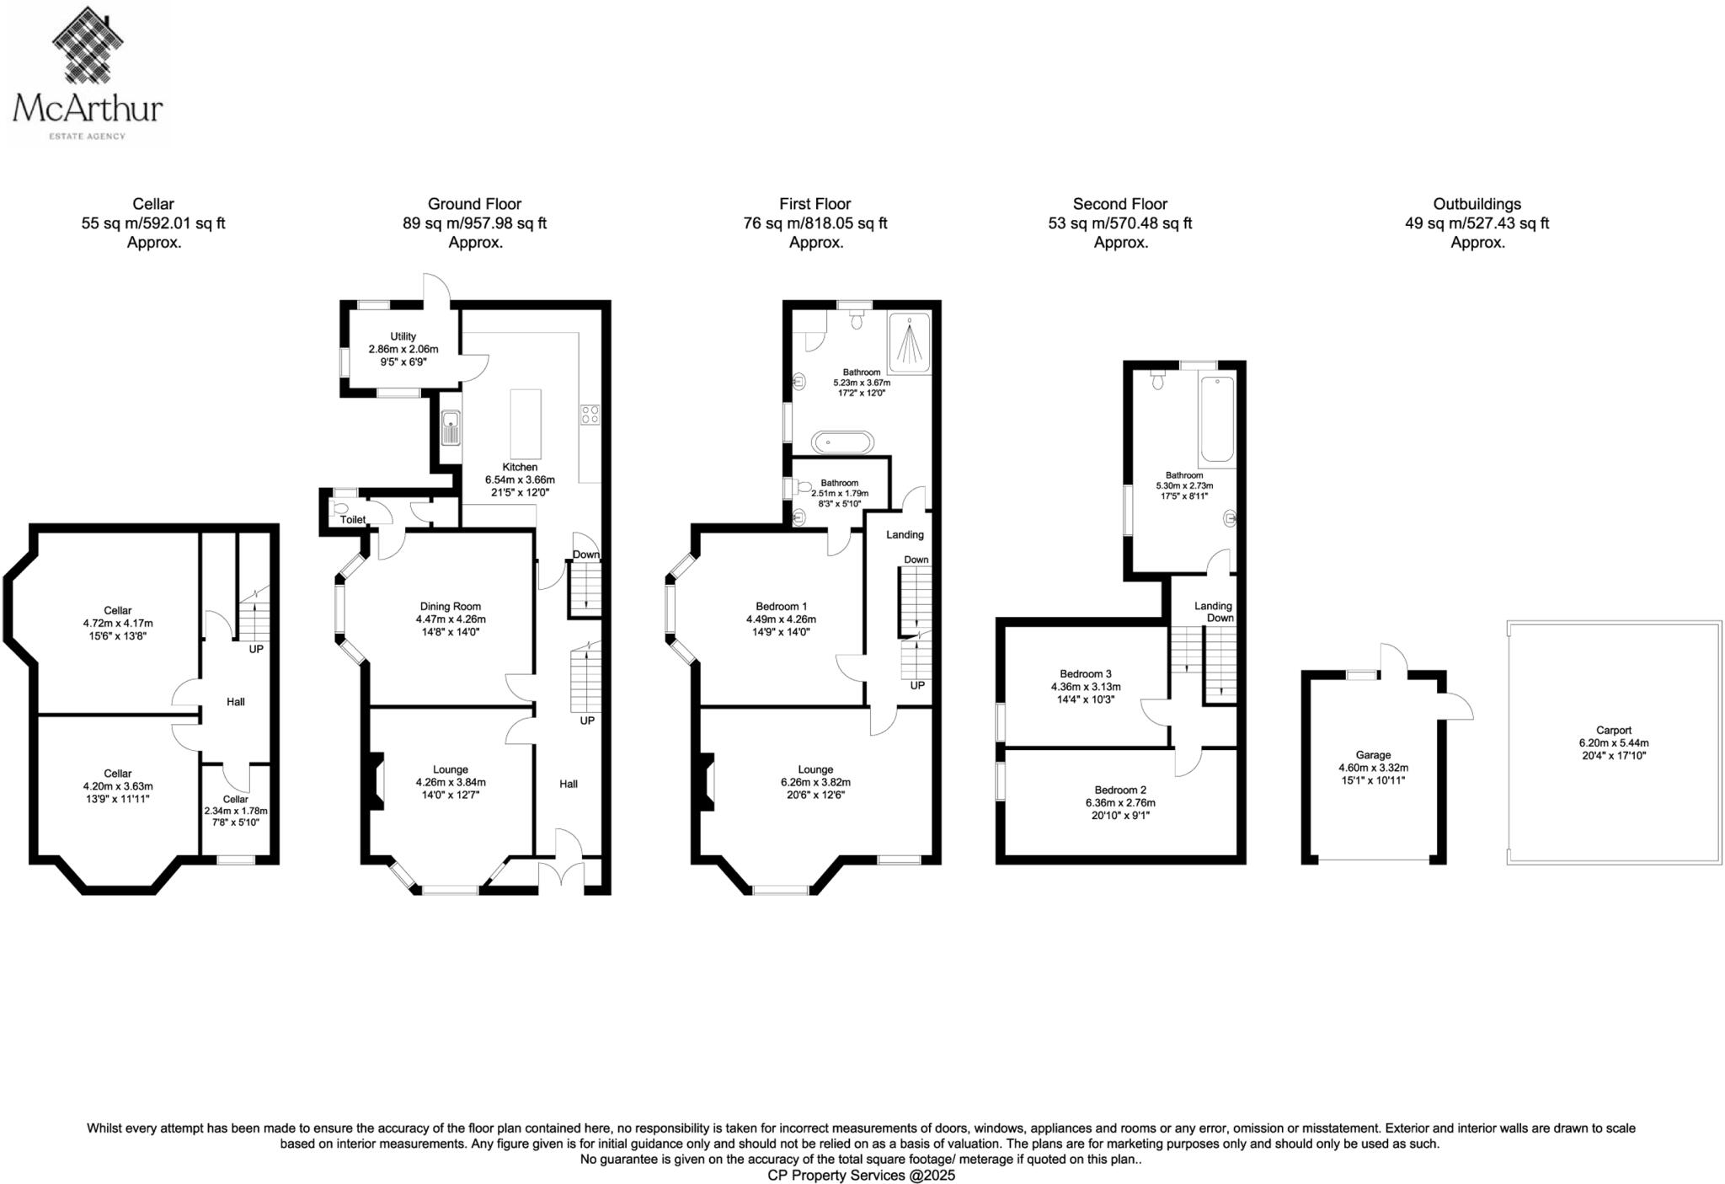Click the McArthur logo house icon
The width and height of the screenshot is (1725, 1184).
[88, 46]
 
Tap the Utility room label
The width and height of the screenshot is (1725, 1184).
[403, 336]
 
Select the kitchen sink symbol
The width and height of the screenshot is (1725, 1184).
[451, 428]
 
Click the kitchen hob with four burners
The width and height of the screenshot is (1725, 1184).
[590, 414]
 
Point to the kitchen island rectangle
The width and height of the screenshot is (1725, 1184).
[526, 423]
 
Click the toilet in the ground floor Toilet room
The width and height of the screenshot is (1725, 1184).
[341, 508]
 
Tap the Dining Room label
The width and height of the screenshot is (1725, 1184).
[451, 606]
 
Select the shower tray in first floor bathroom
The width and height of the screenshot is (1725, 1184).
[910, 340]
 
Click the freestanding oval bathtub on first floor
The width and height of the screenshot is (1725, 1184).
[842, 442]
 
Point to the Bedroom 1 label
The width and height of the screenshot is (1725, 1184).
[781, 606]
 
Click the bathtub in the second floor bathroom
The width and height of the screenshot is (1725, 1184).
[1217, 419]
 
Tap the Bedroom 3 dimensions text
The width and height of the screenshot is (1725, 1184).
[1086, 693]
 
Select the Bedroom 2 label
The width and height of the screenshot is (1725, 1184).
[1120, 790]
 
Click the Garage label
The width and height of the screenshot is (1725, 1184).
[1373, 755]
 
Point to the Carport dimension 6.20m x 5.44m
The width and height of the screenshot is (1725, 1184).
[1613, 743]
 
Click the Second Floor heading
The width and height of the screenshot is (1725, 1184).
[1119, 204]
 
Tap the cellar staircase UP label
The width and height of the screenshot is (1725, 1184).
[256, 649]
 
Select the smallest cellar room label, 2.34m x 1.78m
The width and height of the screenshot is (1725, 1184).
[236, 799]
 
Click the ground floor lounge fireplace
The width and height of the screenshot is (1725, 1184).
[377, 781]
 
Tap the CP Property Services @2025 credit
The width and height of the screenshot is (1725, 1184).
[861, 1175]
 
